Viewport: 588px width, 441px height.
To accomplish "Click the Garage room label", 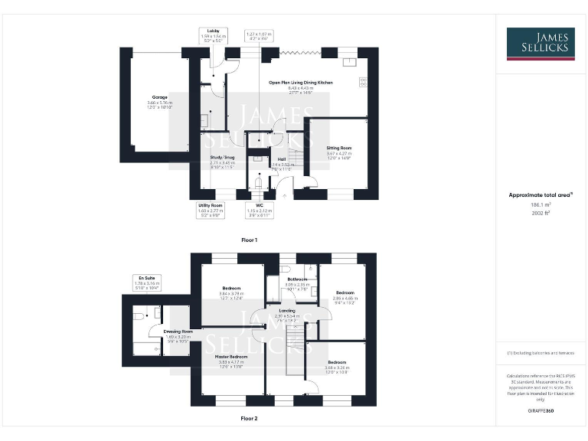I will click(159, 98).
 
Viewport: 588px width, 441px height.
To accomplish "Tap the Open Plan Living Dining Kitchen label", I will click(300, 82).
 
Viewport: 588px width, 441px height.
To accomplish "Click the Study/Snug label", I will click(222, 158).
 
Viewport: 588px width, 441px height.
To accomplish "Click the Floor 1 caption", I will click(250, 240).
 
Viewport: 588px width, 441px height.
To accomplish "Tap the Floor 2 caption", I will click(250, 419).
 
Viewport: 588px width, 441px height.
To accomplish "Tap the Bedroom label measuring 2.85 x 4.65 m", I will click(346, 292).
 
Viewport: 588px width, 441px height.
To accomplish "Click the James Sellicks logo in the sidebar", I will click(541, 44).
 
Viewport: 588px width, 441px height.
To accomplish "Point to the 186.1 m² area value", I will click(541, 205).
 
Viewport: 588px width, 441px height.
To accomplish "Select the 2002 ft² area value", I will click(541, 214).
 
